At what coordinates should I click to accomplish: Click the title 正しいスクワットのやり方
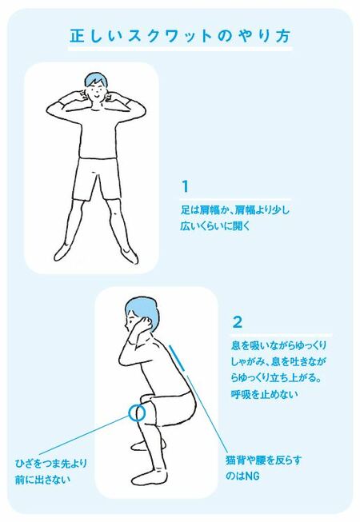pyautogui.click(x=180, y=36)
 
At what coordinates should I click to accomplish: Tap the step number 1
pyautogui.click(x=185, y=187)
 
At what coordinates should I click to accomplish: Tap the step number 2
pyautogui.click(x=237, y=322)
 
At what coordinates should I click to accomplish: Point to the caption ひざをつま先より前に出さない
pyautogui.click(x=51, y=471)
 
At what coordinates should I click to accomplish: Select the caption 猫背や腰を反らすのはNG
pyautogui.click(x=263, y=468)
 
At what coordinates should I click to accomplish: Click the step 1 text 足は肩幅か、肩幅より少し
pyautogui.click(x=235, y=209)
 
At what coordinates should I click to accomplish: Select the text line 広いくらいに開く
pyautogui.click(x=215, y=226)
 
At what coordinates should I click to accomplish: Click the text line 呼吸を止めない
pyautogui.click(x=265, y=394)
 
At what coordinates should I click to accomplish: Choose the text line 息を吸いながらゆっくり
pyautogui.click(x=279, y=345)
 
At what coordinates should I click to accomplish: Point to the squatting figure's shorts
pyautogui.click(x=170, y=408)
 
